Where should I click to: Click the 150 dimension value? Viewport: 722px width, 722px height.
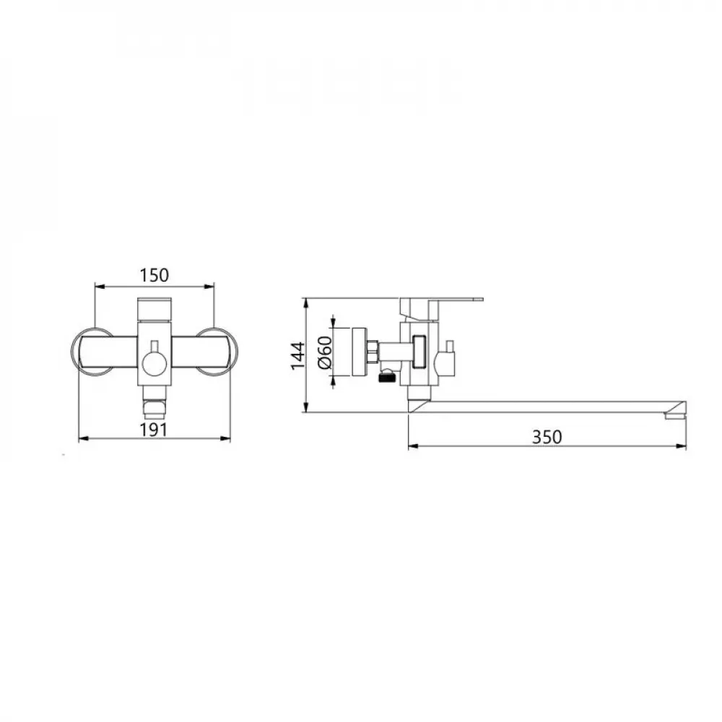coord(155,275)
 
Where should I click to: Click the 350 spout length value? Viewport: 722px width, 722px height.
coord(547,437)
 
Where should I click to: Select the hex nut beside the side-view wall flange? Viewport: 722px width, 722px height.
coord(373,352)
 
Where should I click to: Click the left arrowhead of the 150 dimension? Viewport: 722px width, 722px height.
coord(99,287)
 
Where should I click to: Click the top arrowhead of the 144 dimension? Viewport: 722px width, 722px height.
coord(306,302)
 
